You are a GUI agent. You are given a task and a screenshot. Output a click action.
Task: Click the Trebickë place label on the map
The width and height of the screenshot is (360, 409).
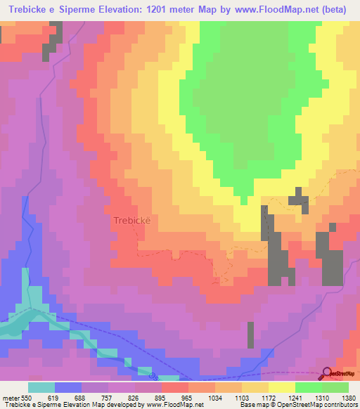coord(132,220)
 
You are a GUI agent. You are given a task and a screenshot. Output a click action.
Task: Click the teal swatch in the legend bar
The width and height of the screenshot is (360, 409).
coord(41,387)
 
